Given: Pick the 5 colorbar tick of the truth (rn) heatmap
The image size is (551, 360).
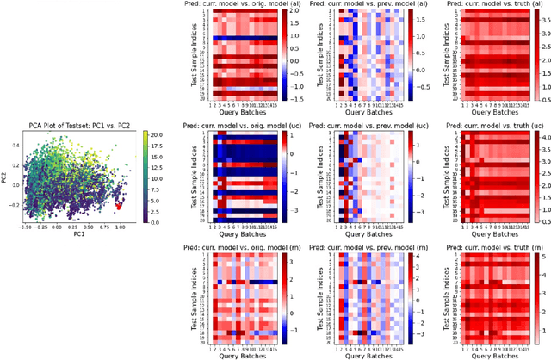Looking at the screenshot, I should point(544,256).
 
